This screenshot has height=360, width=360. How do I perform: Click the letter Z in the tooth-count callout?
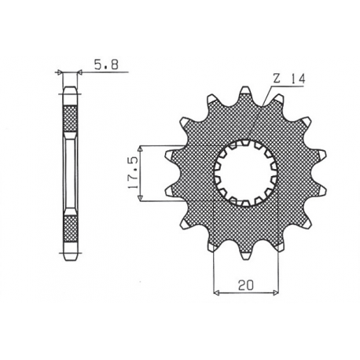[x=277, y=79]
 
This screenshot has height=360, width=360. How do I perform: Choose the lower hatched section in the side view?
[x=69, y=228]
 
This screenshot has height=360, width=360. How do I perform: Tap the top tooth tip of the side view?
[x=69, y=89]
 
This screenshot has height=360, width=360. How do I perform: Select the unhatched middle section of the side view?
[x=69, y=173]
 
